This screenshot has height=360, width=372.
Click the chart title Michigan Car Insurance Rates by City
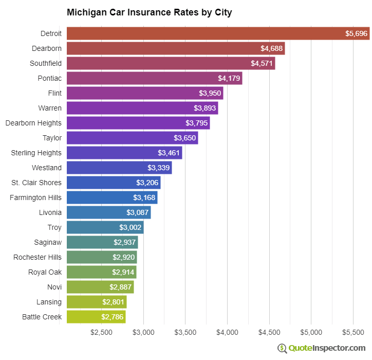pyautogui.click(x=149, y=12)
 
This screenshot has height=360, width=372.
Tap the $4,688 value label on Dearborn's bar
pyautogui.click(x=271, y=48)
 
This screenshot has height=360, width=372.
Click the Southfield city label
pyautogui.click(x=46, y=63)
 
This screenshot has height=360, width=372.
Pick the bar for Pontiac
pyautogui.click(x=154, y=78)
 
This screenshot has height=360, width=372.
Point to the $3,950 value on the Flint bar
pyautogui.click(x=210, y=93)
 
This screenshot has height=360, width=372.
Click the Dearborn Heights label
pyautogui.click(x=33, y=123)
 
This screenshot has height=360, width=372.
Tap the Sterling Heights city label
pyautogui.click(x=36, y=153)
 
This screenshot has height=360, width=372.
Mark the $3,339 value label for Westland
pyautogui.click(x=158, y=168)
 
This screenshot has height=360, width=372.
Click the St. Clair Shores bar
pyautogui.click(x=114, y=183)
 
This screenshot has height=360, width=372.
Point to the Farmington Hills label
pyautogui.click(x=35, y=197)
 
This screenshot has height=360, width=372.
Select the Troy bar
pyautogui.click(x=105, y=227)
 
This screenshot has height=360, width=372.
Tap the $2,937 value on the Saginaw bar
pyautogui.click(x=124, y=242)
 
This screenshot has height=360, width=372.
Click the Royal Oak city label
pyautogui.click(x=45, y=272)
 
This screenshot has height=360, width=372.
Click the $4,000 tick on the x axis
pyautogui.click(x=227, y=332)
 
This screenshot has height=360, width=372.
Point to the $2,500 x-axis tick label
pyautogui.click(x=101, y=332)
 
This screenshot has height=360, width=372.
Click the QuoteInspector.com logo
pyautogui.click(x=322, y=348)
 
